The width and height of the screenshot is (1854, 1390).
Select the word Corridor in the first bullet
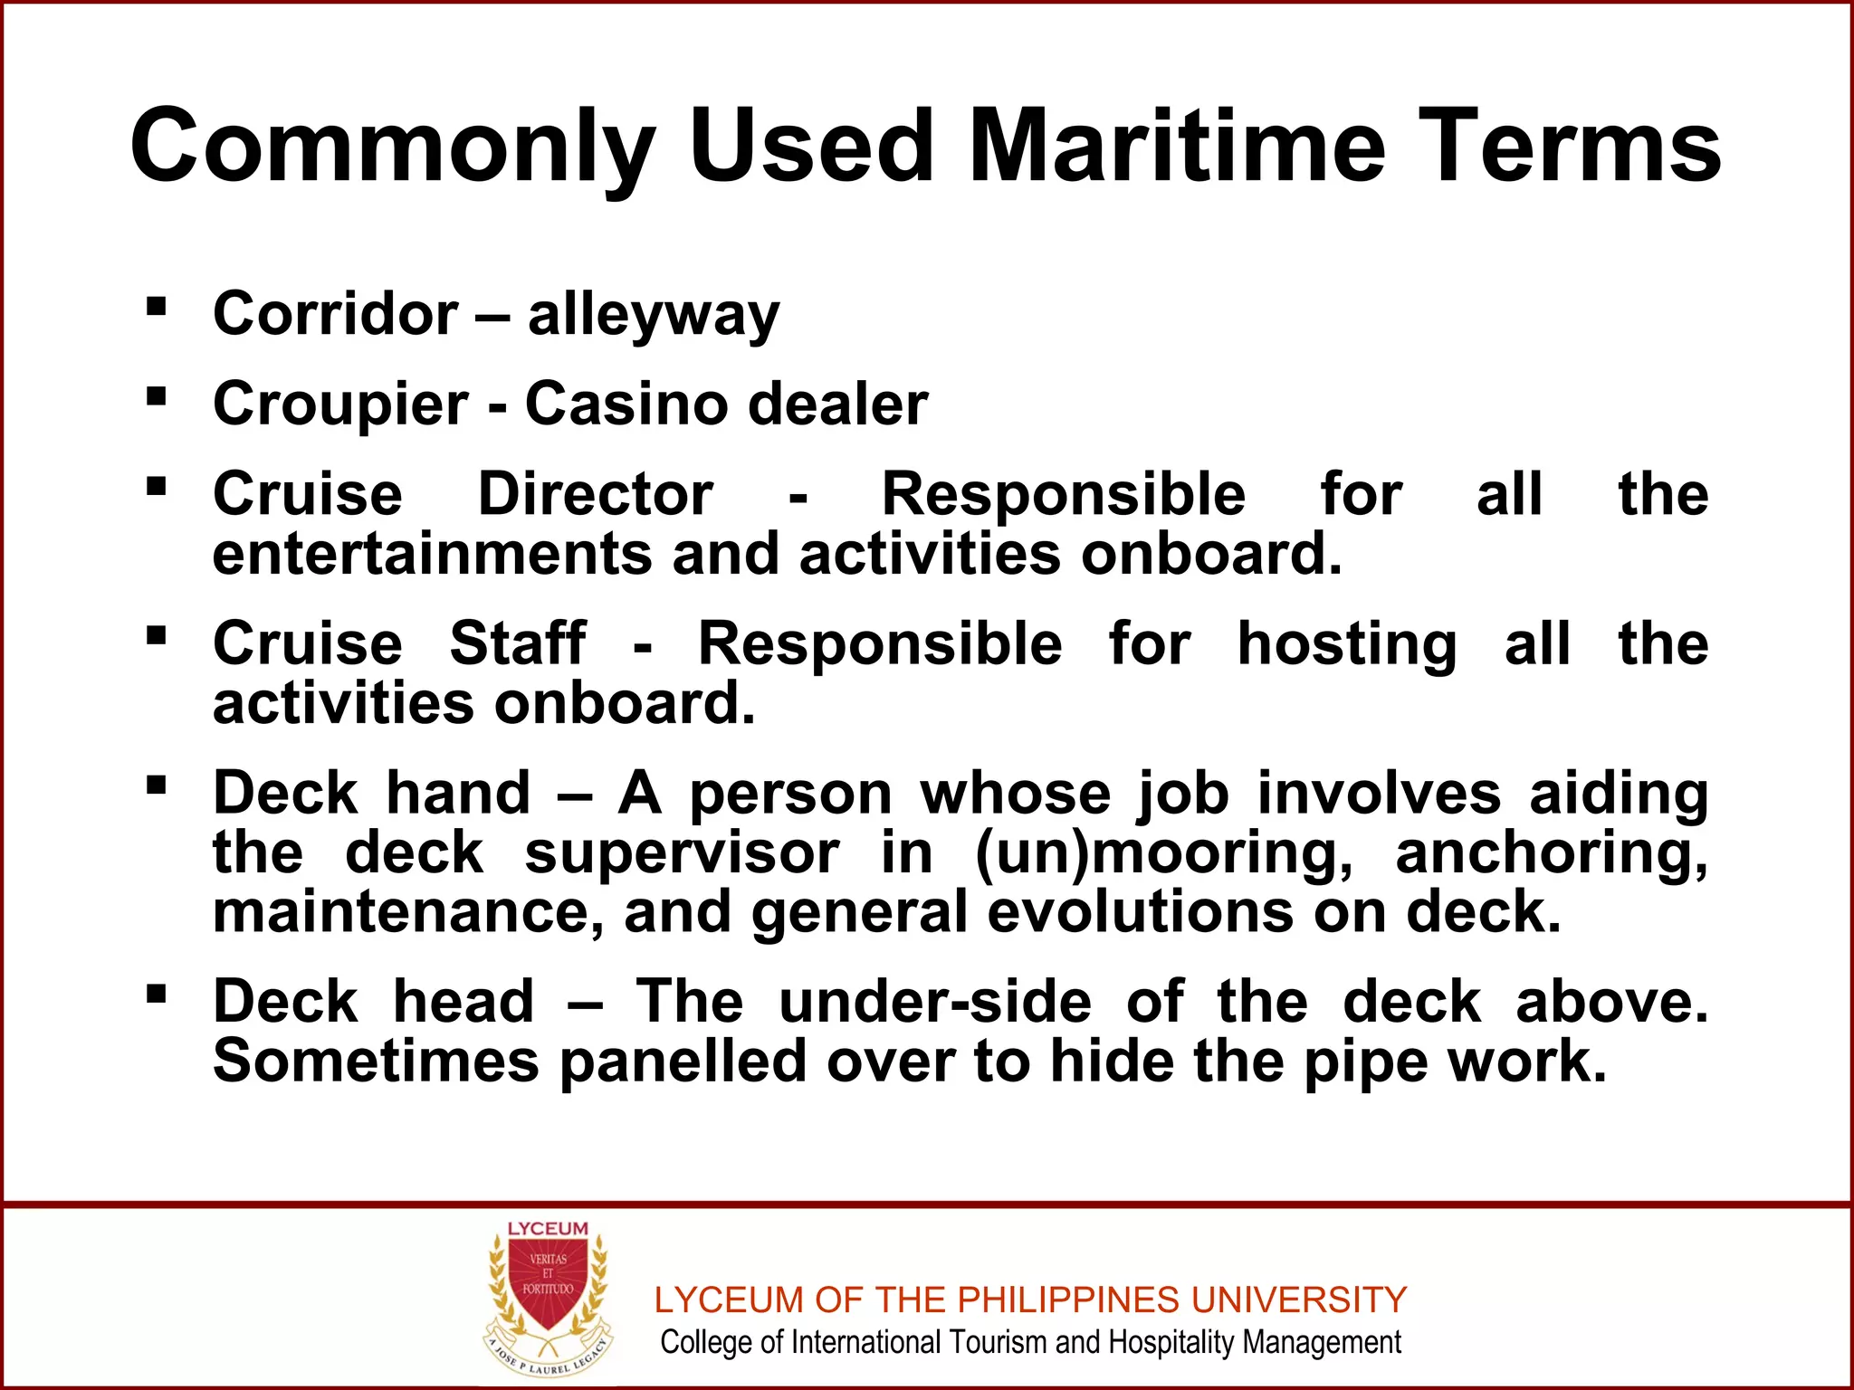coord(336,314)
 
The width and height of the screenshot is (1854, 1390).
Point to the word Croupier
coord(340,405)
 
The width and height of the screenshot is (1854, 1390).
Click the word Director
coord(596,494)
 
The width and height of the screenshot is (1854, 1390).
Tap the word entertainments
coord(432,553)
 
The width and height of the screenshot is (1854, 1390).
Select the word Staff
coord(518,643)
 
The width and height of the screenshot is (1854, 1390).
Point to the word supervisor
coord(682,853)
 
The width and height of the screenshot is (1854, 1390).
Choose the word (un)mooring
coord(1163,853)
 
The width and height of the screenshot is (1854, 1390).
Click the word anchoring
coord(1552,853)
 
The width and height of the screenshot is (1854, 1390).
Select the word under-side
coord(935,1002)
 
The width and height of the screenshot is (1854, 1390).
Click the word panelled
coord(683,1061)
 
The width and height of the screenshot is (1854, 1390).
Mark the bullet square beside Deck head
coord(157,995)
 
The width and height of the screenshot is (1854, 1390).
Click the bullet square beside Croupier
coord(157,396)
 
